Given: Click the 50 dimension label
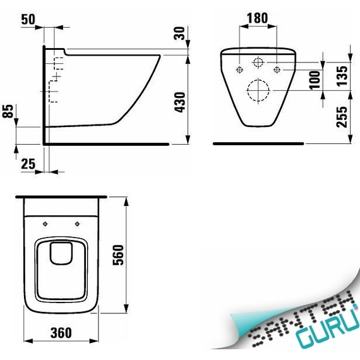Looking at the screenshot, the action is [28, 20].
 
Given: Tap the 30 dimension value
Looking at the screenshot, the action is [179, 33].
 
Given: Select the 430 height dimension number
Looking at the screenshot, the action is [179, 102].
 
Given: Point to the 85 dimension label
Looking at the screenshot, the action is [8, 111].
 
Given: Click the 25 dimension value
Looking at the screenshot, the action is [28, 164].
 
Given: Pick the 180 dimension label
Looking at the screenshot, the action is [257, 18].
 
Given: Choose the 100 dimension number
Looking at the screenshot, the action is [315, 80].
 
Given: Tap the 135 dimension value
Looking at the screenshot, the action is [342, 76].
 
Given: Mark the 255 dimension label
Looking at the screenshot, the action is [342, 117].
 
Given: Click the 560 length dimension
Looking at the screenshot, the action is [118, 255].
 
